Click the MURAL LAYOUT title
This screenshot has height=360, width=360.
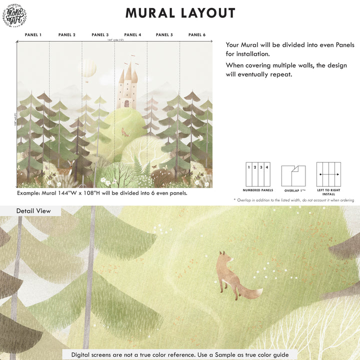[180, 13]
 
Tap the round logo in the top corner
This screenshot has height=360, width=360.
[14, 15]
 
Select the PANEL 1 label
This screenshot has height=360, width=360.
[33, 35]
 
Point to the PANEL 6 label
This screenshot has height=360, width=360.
[197, 35]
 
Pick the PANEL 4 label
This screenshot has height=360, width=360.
[132, 35]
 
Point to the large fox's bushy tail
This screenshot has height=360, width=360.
[250, 292]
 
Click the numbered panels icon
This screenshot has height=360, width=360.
[257, 174]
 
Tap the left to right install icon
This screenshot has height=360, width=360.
[328, 174]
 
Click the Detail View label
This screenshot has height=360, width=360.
[33, 211]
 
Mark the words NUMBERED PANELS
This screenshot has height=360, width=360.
[258, 190]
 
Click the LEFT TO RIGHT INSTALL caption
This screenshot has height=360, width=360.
[328, 192]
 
